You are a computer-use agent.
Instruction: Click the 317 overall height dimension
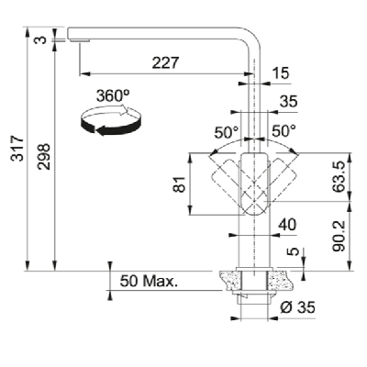tap(17, 149)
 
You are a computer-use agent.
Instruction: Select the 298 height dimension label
tap(44, 156)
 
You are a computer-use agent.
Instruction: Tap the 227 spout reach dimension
tap(165, 62)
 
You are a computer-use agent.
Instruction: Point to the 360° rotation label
tap(113, 95)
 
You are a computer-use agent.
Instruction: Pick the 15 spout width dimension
tap(280, 73)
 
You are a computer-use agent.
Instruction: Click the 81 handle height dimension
tap(180, 184)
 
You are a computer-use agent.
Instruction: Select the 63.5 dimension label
tap(339, 177)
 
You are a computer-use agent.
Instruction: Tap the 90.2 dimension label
tap(339, 236)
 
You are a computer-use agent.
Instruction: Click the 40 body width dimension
tap(287, 225)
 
